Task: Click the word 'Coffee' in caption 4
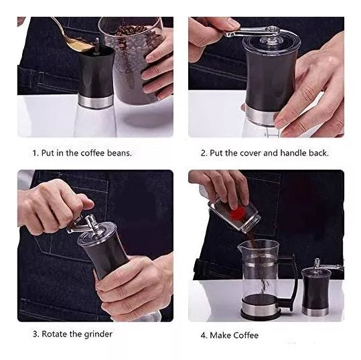pyautogui.click(x=245, y=335)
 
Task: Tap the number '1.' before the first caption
pyautogui.click(x=35, y=153)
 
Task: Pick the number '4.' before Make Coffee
pyautogui.click(x=204, y=335)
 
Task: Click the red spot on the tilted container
pyautogui.click(x=238, y=213)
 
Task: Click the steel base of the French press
pyautogui.click(x=261, y=308)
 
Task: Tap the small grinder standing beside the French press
pyautogui.click(x=316, y=288)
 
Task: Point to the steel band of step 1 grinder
pyautogui.click(x=95, y=101)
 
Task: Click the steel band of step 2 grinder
pyautogui.click(x=260, y=117)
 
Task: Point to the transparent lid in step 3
pyautogui.click(x=97, y=233)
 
